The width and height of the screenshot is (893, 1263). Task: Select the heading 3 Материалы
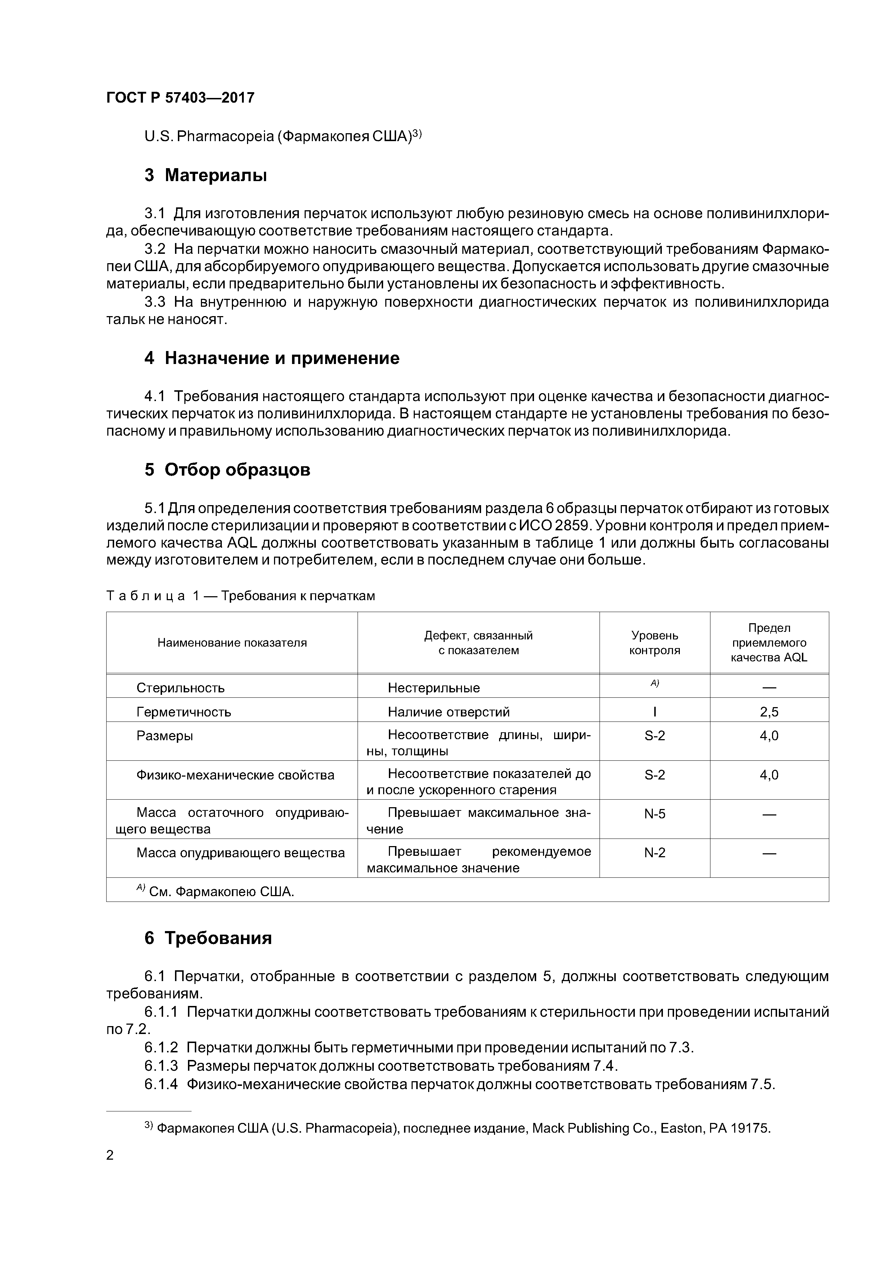[x=205, y=175]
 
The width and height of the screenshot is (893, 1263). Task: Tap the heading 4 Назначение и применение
[x=272, y=358]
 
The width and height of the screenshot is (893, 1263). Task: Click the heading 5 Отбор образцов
[x=227, y=470]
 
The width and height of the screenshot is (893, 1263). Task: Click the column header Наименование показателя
[x=232, y=643]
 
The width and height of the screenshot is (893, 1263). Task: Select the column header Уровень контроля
[x=654, y=643]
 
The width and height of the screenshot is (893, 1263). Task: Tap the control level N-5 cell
[x=654, y=814]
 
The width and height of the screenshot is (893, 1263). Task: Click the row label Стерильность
[x=180, y=688]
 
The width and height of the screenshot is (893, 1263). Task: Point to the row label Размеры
[x=165, y=736]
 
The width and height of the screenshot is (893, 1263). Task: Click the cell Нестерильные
[x=434, y=688]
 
